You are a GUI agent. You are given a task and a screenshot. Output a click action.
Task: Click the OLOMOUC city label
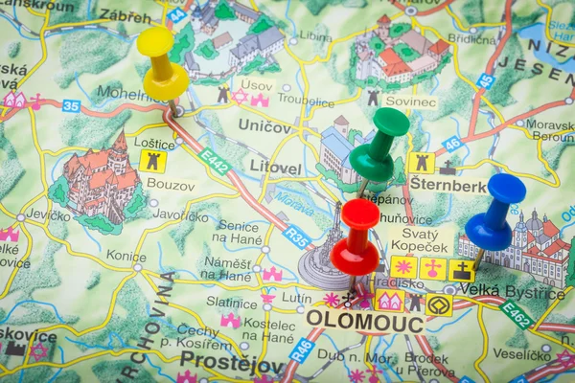pyautogui.click(x=365, y=324)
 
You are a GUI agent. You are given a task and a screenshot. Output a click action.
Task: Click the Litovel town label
pyautogui.click(x=275, y=169)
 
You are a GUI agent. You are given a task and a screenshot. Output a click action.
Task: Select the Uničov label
pyautogui.click(x=264, y=126)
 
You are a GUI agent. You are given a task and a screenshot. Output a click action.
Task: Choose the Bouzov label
pyautogui.click(x=171, y=184)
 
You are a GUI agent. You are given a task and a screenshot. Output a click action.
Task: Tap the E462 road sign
pyautogui.click(x=517, y=314)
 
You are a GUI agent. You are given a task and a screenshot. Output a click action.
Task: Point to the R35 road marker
pyautogui.click(x=296, y=237)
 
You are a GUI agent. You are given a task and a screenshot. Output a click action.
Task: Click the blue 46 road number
pyautogui.click(x=451, y=145)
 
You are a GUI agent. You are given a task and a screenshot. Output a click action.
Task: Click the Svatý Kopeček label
pyautogui.click(x=420, y=239)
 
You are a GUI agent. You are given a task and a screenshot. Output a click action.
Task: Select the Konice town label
pyautogui.click(x=126, y=256)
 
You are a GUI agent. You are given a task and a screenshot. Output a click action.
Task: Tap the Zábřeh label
pyautogui.click(x=126, y=15)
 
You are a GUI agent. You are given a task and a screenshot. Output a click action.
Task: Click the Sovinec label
pyautogui.click(x=410, y=101)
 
